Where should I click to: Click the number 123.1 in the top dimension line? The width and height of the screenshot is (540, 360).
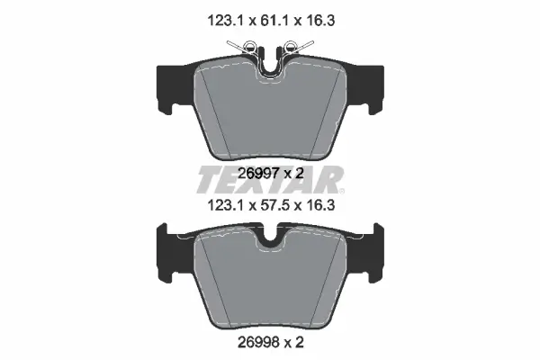coord(225,21)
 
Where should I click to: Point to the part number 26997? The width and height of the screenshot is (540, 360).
coord(258,174)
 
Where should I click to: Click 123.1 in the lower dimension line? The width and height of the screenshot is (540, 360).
coord(225,206)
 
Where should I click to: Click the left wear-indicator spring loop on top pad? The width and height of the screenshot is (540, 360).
coord(249,46)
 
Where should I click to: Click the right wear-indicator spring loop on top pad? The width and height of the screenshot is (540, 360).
coord(291,46)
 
